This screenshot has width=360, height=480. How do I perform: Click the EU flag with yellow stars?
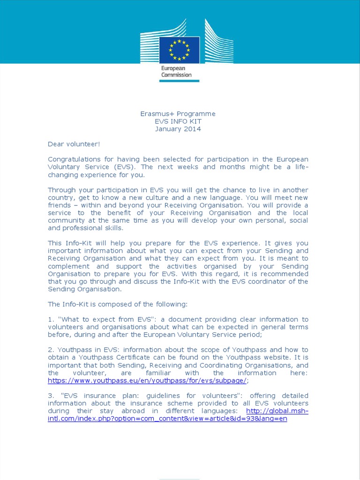point(179,49)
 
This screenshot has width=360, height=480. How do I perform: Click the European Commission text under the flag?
point(176,71)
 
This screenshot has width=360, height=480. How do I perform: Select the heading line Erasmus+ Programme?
point(178,114)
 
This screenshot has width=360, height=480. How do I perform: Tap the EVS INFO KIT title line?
point(178,121)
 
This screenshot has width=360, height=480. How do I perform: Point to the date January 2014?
point(178,129)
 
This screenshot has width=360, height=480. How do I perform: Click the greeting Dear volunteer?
point(74,144)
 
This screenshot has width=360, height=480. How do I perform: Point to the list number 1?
point(51,320)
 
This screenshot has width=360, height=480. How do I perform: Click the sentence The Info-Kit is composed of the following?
point(117,304)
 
